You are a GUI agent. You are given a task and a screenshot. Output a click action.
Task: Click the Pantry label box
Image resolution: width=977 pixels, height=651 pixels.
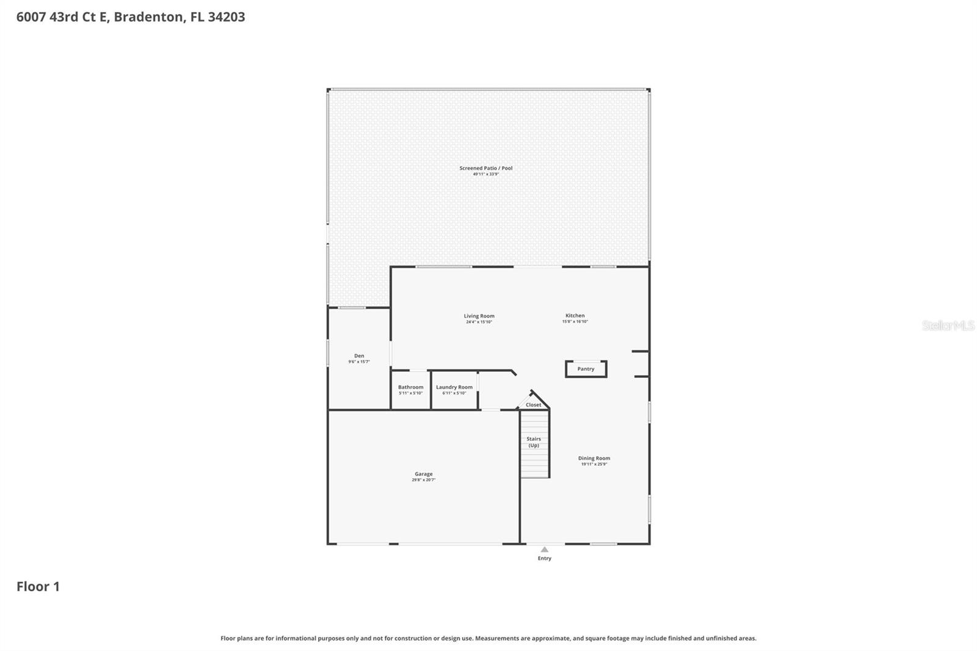point(586,369)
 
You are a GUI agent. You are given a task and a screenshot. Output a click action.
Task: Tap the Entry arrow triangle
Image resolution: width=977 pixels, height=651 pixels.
point(545,550)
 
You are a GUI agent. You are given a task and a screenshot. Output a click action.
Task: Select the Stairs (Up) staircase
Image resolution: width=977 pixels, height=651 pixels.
point(534,443)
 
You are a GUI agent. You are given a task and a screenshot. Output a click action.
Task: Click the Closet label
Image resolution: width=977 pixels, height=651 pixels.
point(533,405)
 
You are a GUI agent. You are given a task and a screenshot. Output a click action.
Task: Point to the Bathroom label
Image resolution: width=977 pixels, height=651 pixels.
point(410,387)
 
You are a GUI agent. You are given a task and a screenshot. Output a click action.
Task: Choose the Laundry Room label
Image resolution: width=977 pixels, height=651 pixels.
point(454,387)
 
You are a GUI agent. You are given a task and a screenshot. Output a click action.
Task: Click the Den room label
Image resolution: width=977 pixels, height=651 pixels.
point(359,355)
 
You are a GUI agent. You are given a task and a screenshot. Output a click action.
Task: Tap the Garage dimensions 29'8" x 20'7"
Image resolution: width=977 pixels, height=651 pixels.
point(424,480)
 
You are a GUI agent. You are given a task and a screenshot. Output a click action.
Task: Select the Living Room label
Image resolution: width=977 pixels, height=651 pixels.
point(479,316)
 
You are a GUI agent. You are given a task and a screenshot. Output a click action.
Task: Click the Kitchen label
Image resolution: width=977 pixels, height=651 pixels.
point(575,316)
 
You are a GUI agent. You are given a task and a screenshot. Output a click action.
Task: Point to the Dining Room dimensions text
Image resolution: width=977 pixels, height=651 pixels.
point(594,464)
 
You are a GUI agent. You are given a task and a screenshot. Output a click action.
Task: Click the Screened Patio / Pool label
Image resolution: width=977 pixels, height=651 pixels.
point(486,168)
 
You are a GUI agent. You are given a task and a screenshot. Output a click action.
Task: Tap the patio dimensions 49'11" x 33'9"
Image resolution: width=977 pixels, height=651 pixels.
point(486,174)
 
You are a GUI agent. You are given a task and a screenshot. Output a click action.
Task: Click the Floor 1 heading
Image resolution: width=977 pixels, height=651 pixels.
point(38,586)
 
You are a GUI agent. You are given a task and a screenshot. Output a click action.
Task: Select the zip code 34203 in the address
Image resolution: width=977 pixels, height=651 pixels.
point(226,16)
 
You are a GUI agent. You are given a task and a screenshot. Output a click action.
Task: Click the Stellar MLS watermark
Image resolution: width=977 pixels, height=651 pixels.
point(948,325)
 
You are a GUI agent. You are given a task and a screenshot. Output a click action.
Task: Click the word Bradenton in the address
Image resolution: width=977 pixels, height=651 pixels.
point(148,16)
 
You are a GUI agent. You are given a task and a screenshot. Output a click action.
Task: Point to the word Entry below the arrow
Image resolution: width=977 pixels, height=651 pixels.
point(545,558)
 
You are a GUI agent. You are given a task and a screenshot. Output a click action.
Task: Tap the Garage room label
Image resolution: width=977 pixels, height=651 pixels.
point(424,474)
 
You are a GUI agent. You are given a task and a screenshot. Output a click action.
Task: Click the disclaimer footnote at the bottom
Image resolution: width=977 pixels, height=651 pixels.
point(488,638)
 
